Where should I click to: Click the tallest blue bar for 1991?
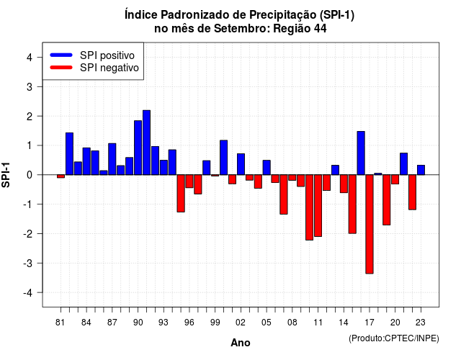pyautogui.click(x=146, y=143)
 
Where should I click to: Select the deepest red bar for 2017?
pyautogui.click(x=370, y=224)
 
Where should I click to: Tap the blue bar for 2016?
pyautogui.click(x=361, y=153)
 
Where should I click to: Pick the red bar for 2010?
pyautogui.click(x=309, y=207)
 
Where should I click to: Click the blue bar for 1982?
pyautogui.click(x=69, y=153)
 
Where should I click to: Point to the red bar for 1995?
pyautogui.click(x=181, y=194)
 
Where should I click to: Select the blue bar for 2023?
pyautogui.click(x=421, y=170)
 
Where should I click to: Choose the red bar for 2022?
pyautogui.click(x=413, y=192)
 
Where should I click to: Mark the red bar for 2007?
pyautogui.click(x=284, y=194)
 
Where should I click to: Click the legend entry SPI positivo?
pyautogui.click(x=107, y=55)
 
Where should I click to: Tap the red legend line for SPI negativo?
pyautogui.click(x=61, y=68)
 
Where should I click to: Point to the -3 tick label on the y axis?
pyautogui.click(x=29, y=263)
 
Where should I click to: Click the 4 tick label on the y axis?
pyautogui.click(x=30, y=58)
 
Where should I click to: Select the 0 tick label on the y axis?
pyautogui.click(x=30, y=175)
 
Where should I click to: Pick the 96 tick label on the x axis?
pyautogui.click(x=189, y=323)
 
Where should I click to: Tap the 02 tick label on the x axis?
pyautogui.click(x=241, y=323)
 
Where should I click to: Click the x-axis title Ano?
pyautogui.click(x=241, y=343)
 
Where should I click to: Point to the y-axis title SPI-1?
pyautogui.click(x=6, y=175)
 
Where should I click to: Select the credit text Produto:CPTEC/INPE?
pyautogui.click(x=394, y=338)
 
